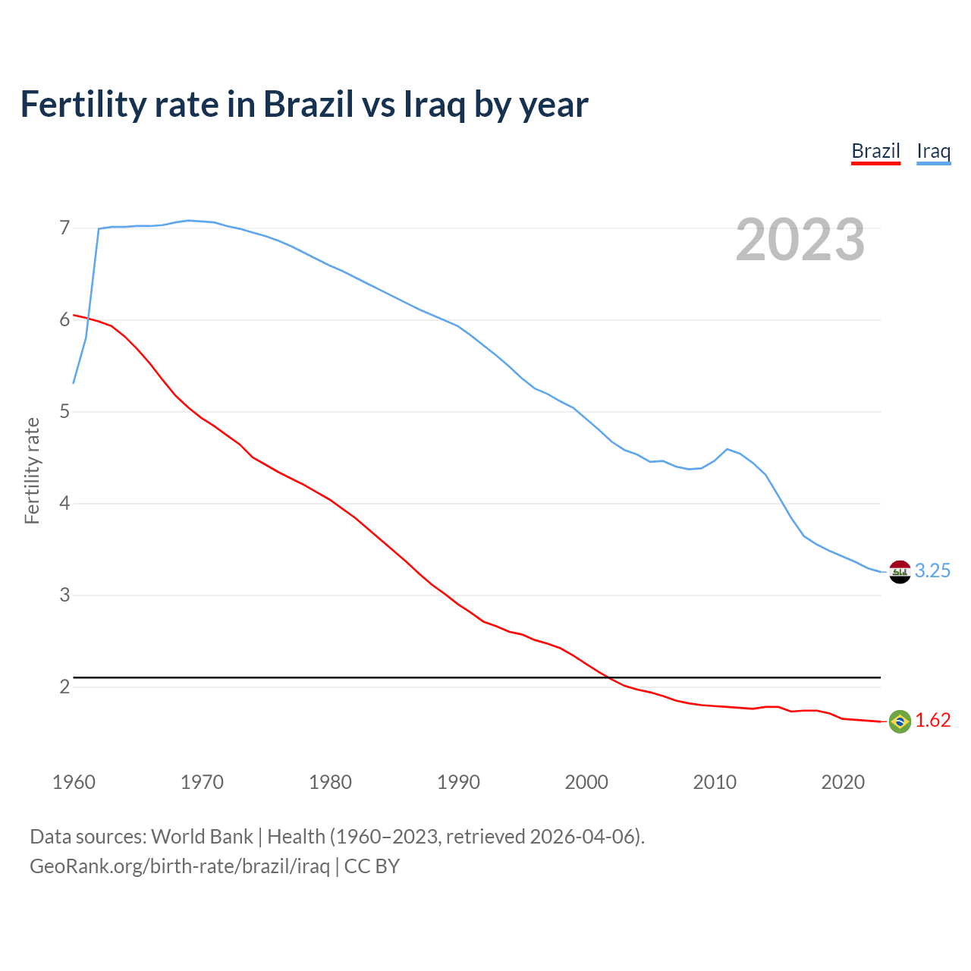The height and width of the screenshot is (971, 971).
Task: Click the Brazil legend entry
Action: click(x=875, y=151)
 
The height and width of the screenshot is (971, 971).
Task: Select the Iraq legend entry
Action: click(x=933, y=151)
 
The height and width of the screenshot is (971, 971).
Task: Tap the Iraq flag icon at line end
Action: click(x=900, y=571)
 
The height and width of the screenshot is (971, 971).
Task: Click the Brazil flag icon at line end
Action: click(x=900, y=721)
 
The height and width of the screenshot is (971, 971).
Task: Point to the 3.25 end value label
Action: click(x=932, y=571)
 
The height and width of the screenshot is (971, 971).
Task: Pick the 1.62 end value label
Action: click(x=932, y=721)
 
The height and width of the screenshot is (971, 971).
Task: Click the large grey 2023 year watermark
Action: click(x=800, y=240)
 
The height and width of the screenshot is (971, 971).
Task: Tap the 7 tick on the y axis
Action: click(x=64, y=228)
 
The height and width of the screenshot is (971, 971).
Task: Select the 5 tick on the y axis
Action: click(x=64, y=412)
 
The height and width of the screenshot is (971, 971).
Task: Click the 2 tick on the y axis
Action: click(x=64, y=687)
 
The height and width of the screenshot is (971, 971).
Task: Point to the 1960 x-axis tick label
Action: click(x=74, y=782)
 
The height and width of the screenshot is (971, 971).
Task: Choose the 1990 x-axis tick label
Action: click(x=458, y=782)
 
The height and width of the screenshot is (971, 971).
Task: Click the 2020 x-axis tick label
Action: click(x=843, y=782)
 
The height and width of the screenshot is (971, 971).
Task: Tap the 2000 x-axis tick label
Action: click(x=586, y=782)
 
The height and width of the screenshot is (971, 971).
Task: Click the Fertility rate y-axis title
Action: click(x=32, y=470)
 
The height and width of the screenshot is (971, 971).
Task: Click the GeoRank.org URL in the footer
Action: click(x=179, y=866)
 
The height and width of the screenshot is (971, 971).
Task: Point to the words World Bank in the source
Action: click(x=202, y=837)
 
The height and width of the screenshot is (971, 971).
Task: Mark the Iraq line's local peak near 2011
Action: click(x=727, y=449)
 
